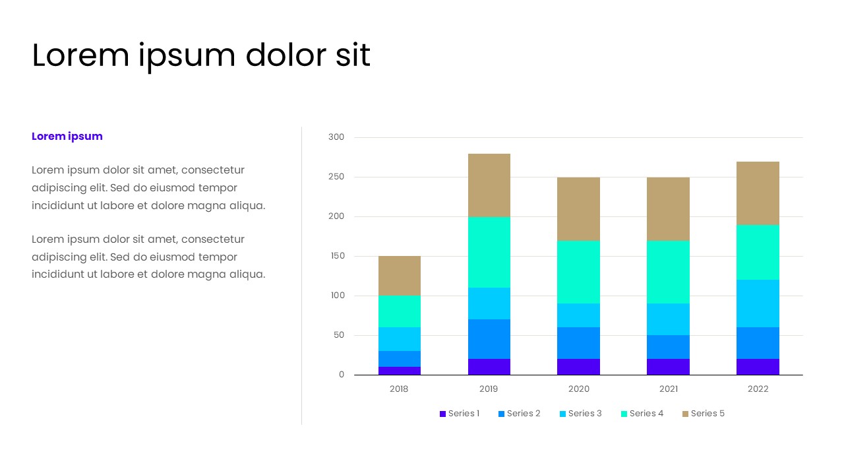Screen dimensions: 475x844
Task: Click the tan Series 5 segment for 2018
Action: pyautogui.click(x=399, y=276)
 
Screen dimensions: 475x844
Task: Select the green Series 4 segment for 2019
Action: pyautogui.click(x=489, y=252)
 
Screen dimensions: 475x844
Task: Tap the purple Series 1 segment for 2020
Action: pyautogui.click(x=578, y=367)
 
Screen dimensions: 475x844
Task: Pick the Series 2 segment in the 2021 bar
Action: pyautogui.click(x=668, y=347)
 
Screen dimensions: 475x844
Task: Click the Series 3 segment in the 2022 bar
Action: pyautogui.click(x=758, y=303)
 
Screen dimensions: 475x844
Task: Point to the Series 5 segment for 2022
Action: pyautogui.click(x=758, y=193)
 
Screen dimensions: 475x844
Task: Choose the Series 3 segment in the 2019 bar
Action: pyautogui.click(x=489, y=303)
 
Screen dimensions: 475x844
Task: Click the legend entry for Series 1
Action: pyautogui.click(x=460, y=414)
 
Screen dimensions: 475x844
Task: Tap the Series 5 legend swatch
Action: pyautogui.click(x=686, y=414)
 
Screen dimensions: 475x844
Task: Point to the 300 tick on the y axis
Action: pyautogui.click(x=336, y=137)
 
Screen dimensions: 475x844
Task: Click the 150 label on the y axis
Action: pyautogui.click(x=336, y=256)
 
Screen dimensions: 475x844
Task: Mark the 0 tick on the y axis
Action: pyautogui.click(x=342, y=375)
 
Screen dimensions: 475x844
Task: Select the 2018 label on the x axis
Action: pyautogui.click(x=399, y=389)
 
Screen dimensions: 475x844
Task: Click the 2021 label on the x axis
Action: pyautogui.click(x=668, y=389)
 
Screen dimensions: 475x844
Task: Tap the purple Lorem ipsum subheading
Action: pyautogui.click(x=67, y=137)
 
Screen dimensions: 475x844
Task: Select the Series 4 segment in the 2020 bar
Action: pyautogui.click(x=578, y=272)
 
